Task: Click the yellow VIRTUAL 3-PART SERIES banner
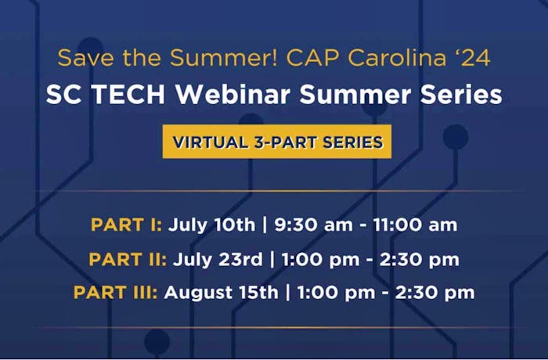pos(277,142)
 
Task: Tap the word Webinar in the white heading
pos(233,95)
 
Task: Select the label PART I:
pos(127,225)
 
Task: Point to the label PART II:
pos(128,259)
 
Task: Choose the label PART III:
pos(116,292)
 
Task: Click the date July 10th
pos(212,225)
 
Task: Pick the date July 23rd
pos(218,260)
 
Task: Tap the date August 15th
pos(222,293)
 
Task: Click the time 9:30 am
pos(313,225)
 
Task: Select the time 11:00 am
pos(415,225)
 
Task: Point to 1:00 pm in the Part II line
pos(320,260)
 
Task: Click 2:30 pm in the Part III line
pos(434,293)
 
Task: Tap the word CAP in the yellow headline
pos(312,58)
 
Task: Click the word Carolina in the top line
pos(397,58)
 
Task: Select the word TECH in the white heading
pos(128,95)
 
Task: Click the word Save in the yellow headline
pos(85,58)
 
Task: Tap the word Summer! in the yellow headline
pos(224,58)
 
